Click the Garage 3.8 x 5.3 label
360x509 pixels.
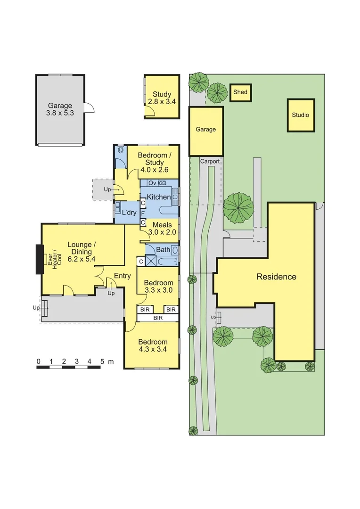coord(60,109)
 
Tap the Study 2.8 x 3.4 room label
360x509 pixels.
coord(162,98)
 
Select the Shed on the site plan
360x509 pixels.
coord(240,92)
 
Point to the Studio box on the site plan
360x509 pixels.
coord(300,115)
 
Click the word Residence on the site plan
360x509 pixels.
coord(276,277)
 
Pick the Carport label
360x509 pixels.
coord(210,161)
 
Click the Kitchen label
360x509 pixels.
coord(158,197)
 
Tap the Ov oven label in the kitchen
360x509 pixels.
coord(152,183)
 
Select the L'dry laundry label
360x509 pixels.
coord(129,213)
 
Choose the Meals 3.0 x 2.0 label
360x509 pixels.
coord(160,229)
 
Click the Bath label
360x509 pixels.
coord(163,250)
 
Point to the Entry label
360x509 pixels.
coord(122,276)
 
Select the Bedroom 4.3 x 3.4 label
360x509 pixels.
coord(153,345)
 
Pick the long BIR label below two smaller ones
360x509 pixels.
coord(158,318)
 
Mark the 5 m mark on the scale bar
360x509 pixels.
coord(102,361)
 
